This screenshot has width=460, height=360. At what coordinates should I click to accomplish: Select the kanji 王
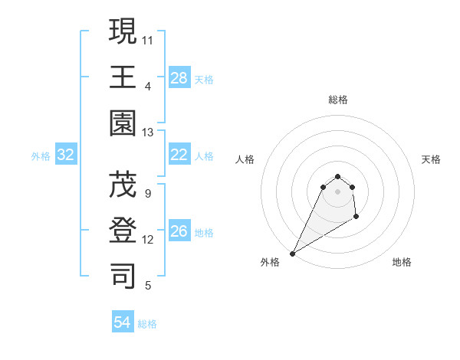coord(123,77)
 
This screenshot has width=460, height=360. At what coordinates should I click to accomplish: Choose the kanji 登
coord(123,231)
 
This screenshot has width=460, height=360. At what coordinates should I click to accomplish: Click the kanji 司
coord(123,277)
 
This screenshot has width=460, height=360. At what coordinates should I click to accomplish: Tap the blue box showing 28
coord(179,78)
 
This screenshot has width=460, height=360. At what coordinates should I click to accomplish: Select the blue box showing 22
coord(179,155)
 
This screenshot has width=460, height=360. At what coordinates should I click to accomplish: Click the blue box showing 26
coord(179,231)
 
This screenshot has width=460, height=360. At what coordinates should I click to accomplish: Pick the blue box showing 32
coord(66,155)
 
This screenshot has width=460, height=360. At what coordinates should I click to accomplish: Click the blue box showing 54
coord(123,322)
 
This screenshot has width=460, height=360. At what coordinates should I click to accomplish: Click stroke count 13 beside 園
coord(148,132)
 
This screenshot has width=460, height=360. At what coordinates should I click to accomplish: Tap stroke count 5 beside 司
coord(148,286)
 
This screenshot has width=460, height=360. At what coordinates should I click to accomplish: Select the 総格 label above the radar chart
coord(337,100)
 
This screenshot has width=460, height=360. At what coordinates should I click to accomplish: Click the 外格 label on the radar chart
coord(270,262)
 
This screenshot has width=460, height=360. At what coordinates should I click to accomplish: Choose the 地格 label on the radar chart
coord(402,262)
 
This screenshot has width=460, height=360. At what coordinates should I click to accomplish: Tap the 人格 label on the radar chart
coord(245,159)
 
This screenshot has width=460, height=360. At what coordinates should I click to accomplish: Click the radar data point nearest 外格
coord(292,253)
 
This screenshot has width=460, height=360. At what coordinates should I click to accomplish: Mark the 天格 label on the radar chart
coord(431,159)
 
